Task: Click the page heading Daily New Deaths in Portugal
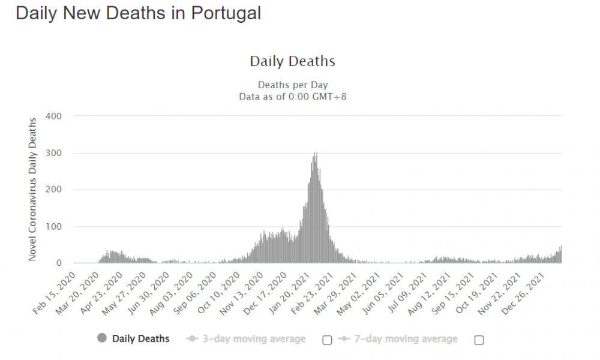138,13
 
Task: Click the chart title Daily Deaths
292,61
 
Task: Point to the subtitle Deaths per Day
293,85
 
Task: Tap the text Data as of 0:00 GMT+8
293,96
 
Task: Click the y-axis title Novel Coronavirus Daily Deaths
34,189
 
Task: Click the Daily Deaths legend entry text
140,339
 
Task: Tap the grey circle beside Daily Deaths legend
101,338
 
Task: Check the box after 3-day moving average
327,340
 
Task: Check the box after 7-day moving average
479,340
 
